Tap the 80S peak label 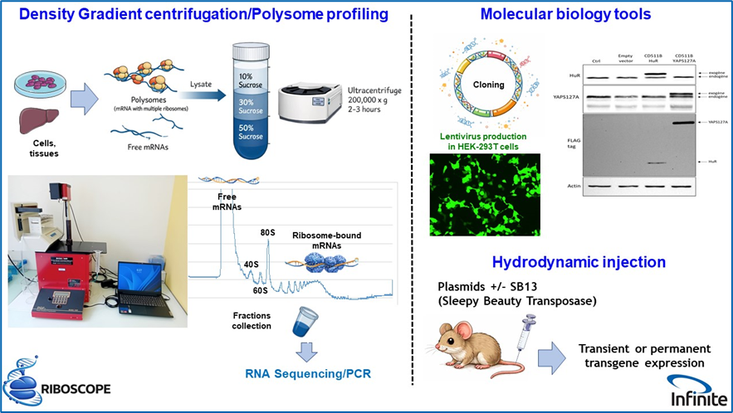click(268, 233)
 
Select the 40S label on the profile click(250, 265)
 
